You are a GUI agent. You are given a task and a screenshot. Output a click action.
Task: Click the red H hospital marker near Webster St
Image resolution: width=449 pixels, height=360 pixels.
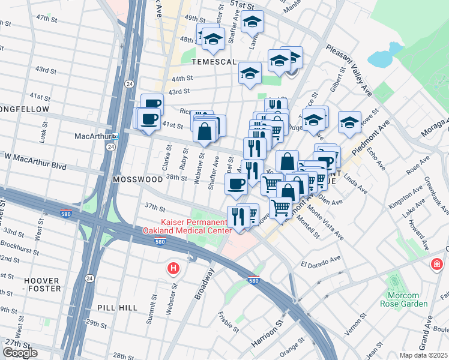coord(173,268)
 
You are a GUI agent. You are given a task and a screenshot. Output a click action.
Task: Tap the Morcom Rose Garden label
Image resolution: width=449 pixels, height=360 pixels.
coord(406,299)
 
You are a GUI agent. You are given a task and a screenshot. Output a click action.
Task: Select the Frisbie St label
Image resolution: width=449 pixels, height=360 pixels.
coord(229,322)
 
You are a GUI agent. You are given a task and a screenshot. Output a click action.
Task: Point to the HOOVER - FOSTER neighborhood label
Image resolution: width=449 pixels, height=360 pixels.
coord(42,284)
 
